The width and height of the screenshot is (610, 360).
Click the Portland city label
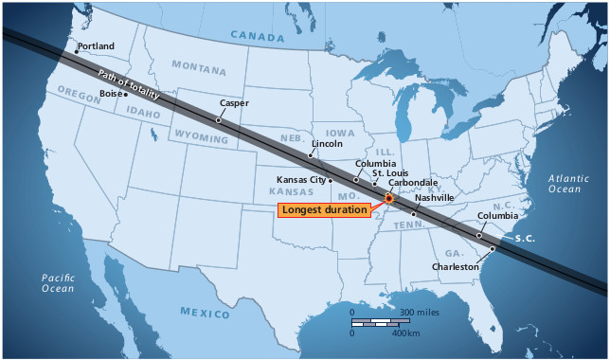click(96, 45)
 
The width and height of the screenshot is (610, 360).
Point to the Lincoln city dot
click(310, 154)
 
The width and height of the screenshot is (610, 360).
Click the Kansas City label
click(301, 179)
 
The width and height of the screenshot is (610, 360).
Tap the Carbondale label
click(413, 182)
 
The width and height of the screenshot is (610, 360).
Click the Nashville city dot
click(414, 215)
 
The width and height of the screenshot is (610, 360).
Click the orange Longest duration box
click(324, 209)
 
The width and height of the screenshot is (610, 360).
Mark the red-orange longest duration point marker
click(388, 199)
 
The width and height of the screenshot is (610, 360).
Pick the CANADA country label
click(257, 37)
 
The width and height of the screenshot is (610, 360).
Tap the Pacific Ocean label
click(58, 281)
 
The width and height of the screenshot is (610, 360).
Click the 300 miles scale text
click(418, 312)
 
